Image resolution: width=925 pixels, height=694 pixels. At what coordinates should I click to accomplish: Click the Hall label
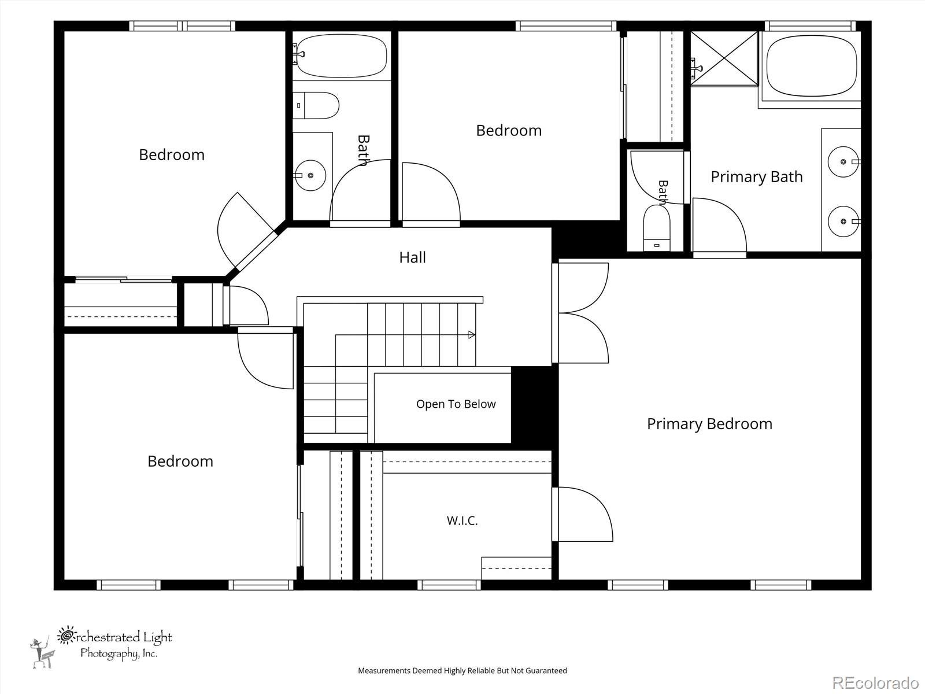(x=412, y=257)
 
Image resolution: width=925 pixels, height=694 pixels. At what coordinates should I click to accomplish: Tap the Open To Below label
(x=456, y=404)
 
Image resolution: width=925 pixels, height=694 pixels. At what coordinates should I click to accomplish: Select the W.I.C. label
(x=462, y=521)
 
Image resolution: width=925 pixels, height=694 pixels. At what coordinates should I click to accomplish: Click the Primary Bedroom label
(x=710, y=424)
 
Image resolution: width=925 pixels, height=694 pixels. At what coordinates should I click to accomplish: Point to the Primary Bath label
(x=756, y=177)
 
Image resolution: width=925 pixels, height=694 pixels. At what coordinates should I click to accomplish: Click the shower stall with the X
(x=724, y=58)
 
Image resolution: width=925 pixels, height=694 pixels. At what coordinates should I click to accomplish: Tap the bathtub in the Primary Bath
(x=812, y=66)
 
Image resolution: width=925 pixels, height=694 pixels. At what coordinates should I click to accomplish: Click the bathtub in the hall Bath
(x=342, y=56)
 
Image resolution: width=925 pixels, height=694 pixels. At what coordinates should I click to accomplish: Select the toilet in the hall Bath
(x=316, y=105)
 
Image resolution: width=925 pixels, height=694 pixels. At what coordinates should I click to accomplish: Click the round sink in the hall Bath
(x=310, y=175)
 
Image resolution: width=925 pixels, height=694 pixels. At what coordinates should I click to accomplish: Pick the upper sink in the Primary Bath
(x=843, y=162)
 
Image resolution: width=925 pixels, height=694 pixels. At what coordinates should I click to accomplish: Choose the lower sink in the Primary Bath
(x=843, y=222)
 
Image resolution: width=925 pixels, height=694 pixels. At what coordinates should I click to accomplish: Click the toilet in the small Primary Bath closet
(x=657, y=228)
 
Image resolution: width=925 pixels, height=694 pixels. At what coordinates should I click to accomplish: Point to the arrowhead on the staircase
(x=472, y=335)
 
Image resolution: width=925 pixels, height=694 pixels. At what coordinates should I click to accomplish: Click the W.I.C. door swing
(x=582, y=514)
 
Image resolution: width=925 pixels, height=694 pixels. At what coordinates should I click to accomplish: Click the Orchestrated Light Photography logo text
(x=114, y=644)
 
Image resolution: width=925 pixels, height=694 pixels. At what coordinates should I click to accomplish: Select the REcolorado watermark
(x=875, y=682)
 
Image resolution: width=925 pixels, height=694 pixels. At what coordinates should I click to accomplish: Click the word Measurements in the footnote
(x=384, y=670)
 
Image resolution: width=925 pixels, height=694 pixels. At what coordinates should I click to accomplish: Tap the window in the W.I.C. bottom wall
(x=449, y=585)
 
